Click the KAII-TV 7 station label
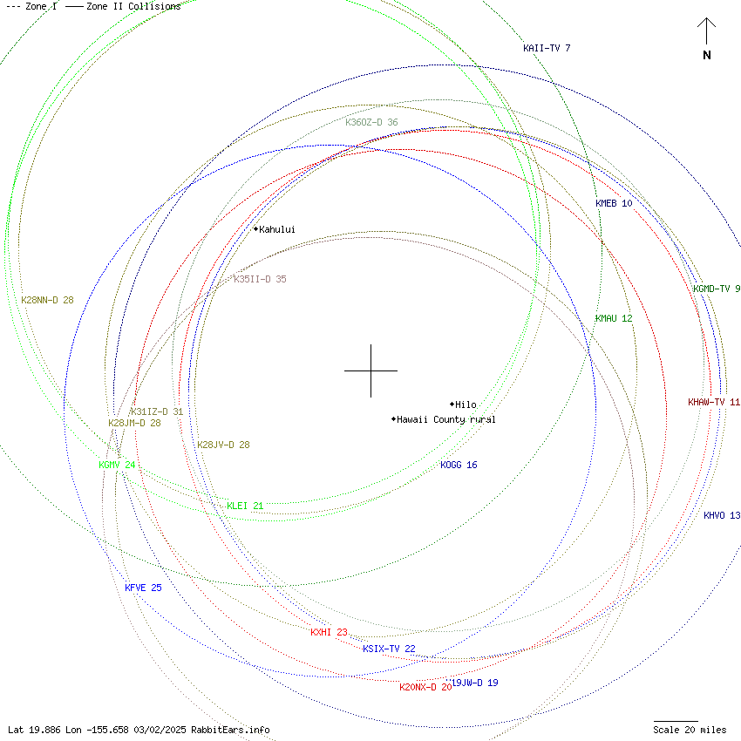[547, 48]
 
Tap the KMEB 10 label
[614, 203]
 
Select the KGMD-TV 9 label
[717, 289]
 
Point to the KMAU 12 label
[614, 318]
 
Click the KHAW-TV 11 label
[713, 402]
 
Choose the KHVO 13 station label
[722, 515]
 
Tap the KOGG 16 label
[459, 465]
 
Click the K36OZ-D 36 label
[371, 122]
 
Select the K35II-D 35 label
[260, 279]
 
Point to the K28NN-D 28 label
[48, 299]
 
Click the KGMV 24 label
[117, 465]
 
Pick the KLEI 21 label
[245, 506]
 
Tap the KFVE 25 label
[143, 588]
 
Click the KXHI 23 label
[329, 632]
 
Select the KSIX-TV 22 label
[389, 649]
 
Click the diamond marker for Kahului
[255, 229]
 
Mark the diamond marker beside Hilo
[452, 404]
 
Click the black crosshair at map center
[370, 370]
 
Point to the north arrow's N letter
[707, 56]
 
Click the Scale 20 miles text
[690, 730]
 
